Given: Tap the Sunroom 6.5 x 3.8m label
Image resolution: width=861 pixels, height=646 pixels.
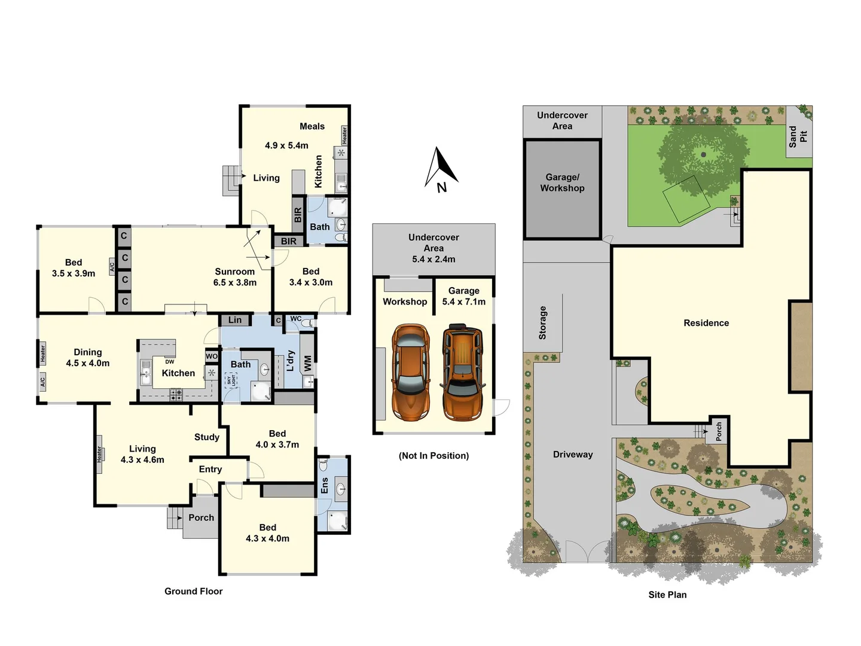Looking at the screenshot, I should click(235, 277).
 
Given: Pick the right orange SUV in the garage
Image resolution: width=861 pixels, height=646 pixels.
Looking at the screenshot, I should click(462, 371).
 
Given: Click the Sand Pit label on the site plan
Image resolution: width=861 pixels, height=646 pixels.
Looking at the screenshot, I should click(798, 136).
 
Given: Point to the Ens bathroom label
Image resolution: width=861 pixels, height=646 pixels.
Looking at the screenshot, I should click(325, 485).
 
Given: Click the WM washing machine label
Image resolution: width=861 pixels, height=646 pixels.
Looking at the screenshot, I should click(308, 363).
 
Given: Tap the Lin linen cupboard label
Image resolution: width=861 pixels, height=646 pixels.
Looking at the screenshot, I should click(235, 320).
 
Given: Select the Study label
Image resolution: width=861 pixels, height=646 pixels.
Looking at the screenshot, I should click(207, 437).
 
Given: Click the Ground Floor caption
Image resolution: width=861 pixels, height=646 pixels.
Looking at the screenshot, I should click(193, 591).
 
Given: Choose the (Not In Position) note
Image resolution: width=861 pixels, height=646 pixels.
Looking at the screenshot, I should click(433, 456).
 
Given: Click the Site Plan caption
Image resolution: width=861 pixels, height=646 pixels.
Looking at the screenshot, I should click(667, 595).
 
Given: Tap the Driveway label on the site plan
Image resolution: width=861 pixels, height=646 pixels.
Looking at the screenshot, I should click(573, 455).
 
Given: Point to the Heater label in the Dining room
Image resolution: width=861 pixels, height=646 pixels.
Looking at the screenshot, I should click(43, 354).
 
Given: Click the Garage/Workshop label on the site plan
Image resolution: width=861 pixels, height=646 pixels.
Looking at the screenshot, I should click(562, 183).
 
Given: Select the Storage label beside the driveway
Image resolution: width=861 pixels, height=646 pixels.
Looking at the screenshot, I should click(543, 323).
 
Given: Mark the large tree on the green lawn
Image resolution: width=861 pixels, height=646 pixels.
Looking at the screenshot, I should click(703, 154).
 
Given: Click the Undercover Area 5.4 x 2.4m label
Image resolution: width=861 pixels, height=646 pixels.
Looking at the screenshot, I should click(433, 248).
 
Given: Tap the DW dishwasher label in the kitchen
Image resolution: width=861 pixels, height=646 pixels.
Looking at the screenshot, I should click(170, 362).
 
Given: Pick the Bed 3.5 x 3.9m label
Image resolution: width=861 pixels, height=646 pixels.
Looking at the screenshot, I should click(74, 268).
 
